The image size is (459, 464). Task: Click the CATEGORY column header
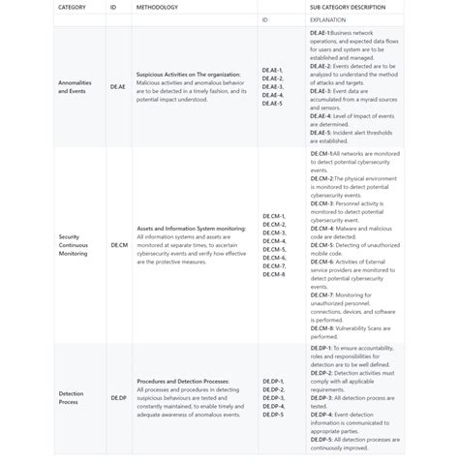tap(72, 8)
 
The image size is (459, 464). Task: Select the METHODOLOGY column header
tap(157, 8)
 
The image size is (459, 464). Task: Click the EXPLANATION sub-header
tap(327, 19)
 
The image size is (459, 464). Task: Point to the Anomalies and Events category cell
tap(75, 86)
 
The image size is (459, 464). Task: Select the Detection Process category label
tap(70, 397)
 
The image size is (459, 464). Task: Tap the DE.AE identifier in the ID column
tap(117, 86)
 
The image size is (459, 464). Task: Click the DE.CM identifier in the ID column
tap(118, 245)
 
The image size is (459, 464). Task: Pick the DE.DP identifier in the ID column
tap(118, 397)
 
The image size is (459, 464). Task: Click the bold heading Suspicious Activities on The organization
tap(189, 74)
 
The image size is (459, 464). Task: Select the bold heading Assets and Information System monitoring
tap(191, 229)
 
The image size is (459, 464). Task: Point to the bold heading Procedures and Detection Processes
tap(183, 382)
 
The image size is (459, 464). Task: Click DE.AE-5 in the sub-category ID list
tap(272, 103)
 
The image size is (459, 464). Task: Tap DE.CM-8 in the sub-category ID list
tap(273, 274)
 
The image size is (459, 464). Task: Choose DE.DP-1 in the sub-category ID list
tap(272, 382)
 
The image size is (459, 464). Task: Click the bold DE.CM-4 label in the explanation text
tap(321, 229)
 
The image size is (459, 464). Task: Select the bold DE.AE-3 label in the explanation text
tap(321, 90)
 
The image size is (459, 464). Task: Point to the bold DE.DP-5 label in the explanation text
tap(321, 439)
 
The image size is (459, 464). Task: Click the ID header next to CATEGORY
tap(113, 8)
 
